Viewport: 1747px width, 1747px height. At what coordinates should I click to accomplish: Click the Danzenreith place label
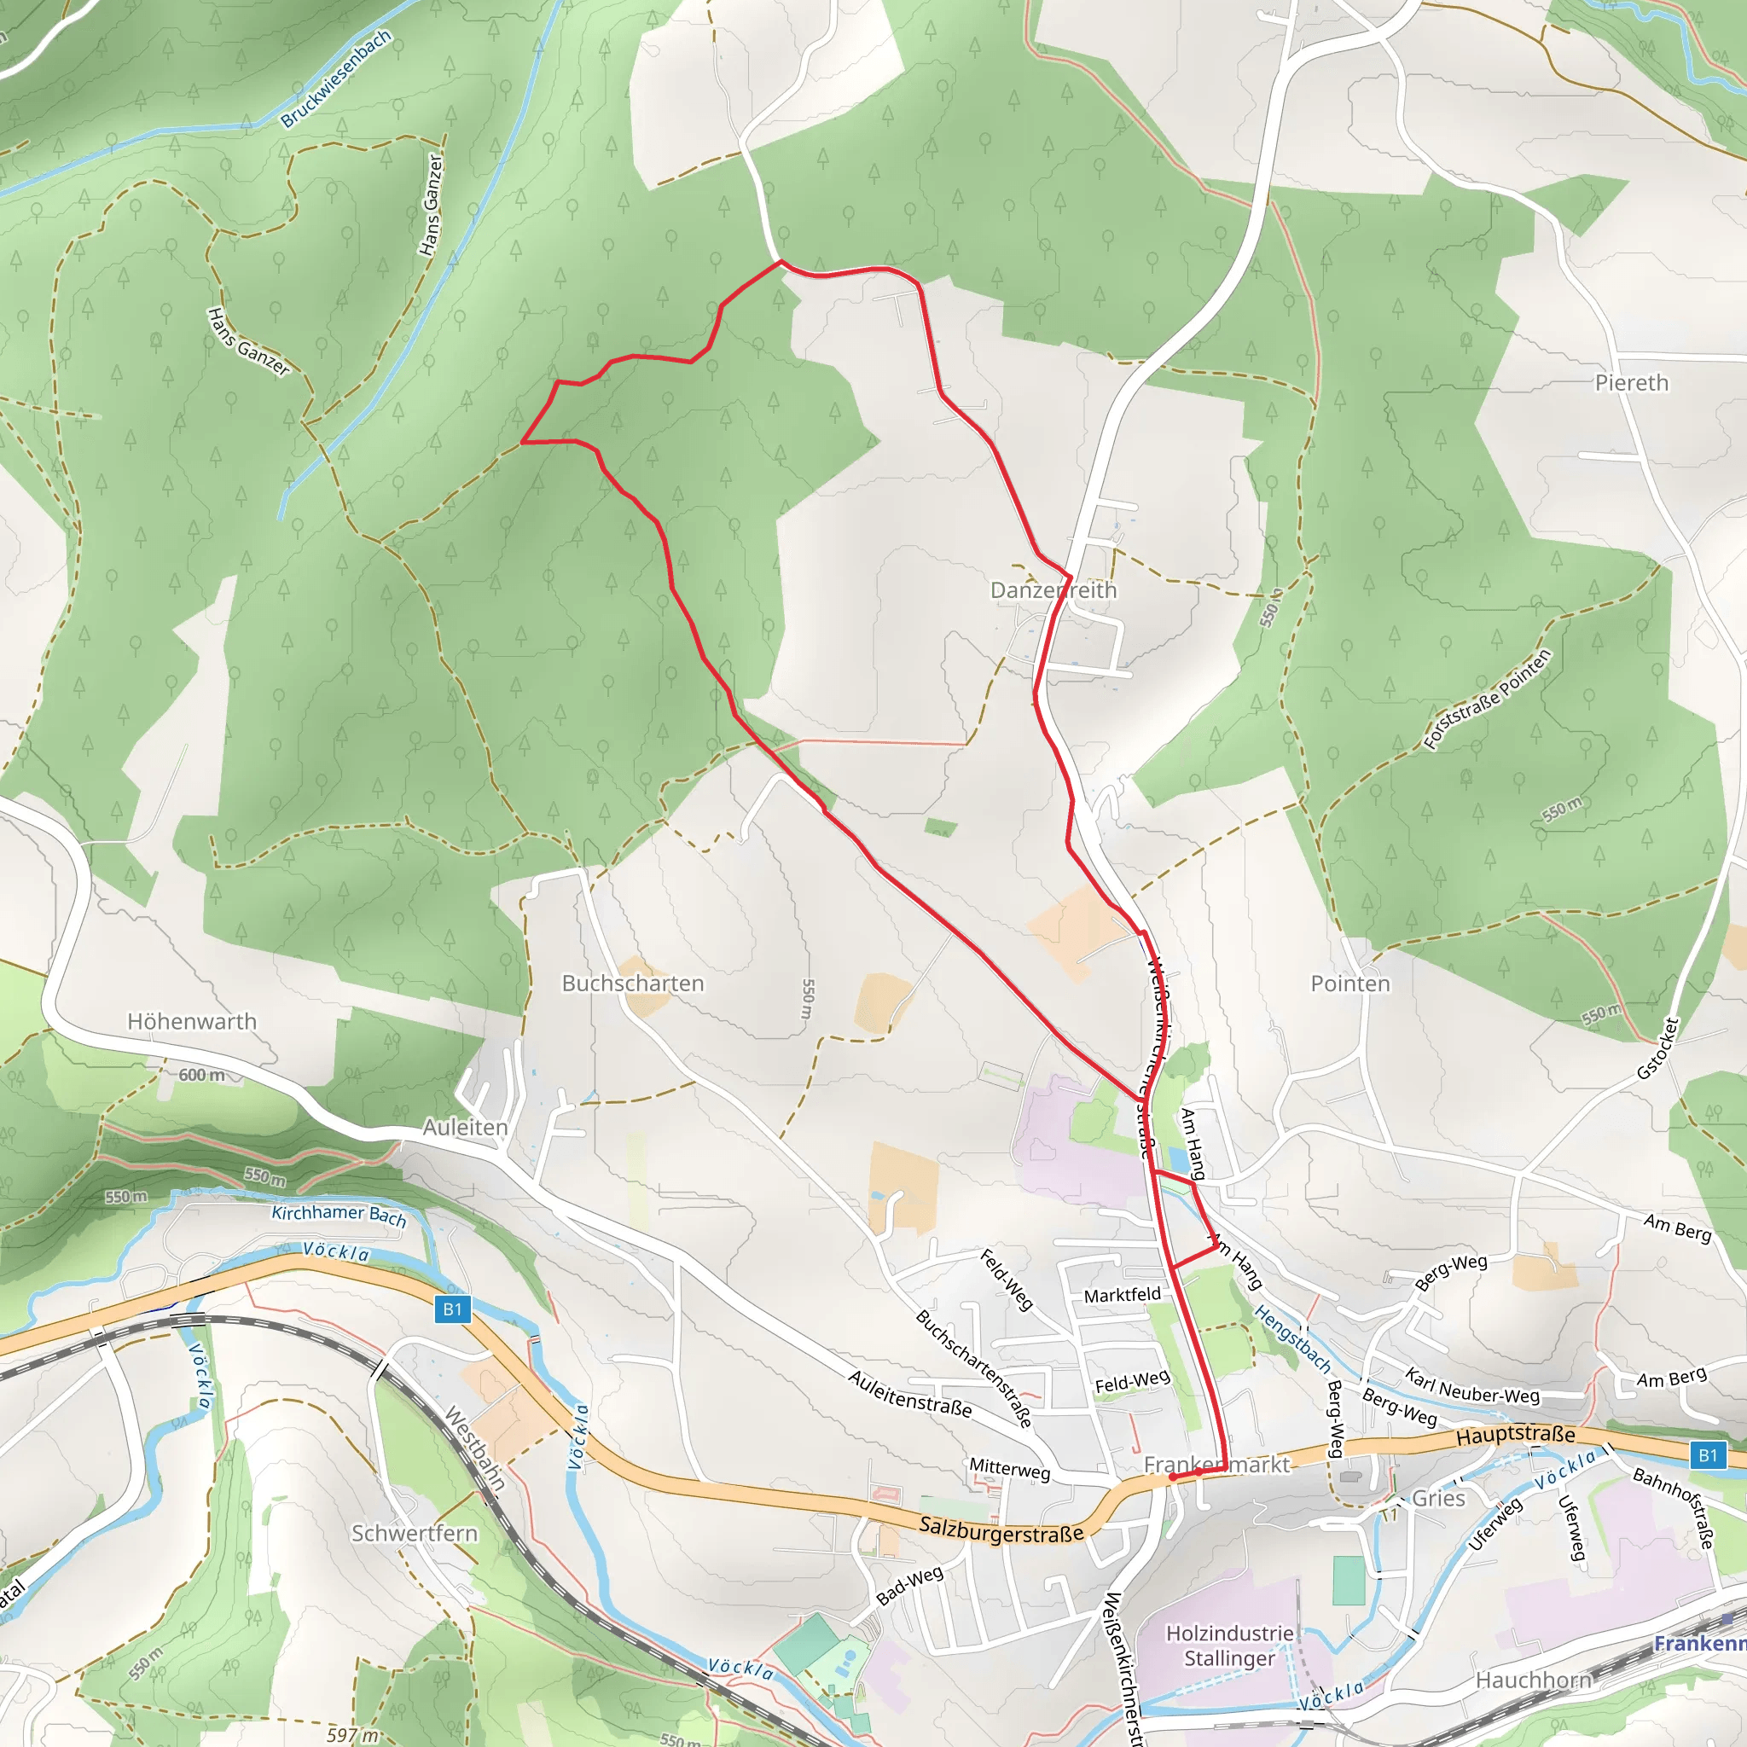[x=1053, y=590]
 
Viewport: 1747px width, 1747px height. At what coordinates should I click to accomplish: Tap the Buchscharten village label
[x=633, y=983]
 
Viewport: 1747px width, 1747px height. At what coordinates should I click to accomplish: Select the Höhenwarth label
[x=192, y=1021]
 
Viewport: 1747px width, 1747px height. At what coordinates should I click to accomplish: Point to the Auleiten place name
[x=466, y=1127]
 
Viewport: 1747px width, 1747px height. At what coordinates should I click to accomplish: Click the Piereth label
[x=1631, y=382]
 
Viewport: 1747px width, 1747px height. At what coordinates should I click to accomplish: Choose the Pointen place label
[x=1350, y=983]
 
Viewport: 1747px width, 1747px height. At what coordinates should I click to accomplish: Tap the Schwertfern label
[x=414, y=1533]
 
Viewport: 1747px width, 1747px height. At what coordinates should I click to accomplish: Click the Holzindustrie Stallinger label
[x=1230, y=1645]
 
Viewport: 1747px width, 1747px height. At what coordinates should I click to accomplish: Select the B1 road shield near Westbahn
[x=453, y=1309]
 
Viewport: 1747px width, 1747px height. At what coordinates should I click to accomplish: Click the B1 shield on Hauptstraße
[x=1707, y=1455]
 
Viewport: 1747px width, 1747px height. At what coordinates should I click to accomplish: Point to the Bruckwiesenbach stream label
[x=335, y=78]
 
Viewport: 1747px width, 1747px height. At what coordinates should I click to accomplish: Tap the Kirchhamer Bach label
[x=340, y=1215]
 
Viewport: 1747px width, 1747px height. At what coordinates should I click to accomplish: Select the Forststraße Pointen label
[x=1488, y=699]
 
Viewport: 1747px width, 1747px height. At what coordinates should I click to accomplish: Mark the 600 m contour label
[x=201, y=1075]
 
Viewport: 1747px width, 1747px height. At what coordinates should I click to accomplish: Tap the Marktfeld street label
[x=1123, y=1295]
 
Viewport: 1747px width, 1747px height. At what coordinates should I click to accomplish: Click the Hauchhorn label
[x=1534, y=1680]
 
